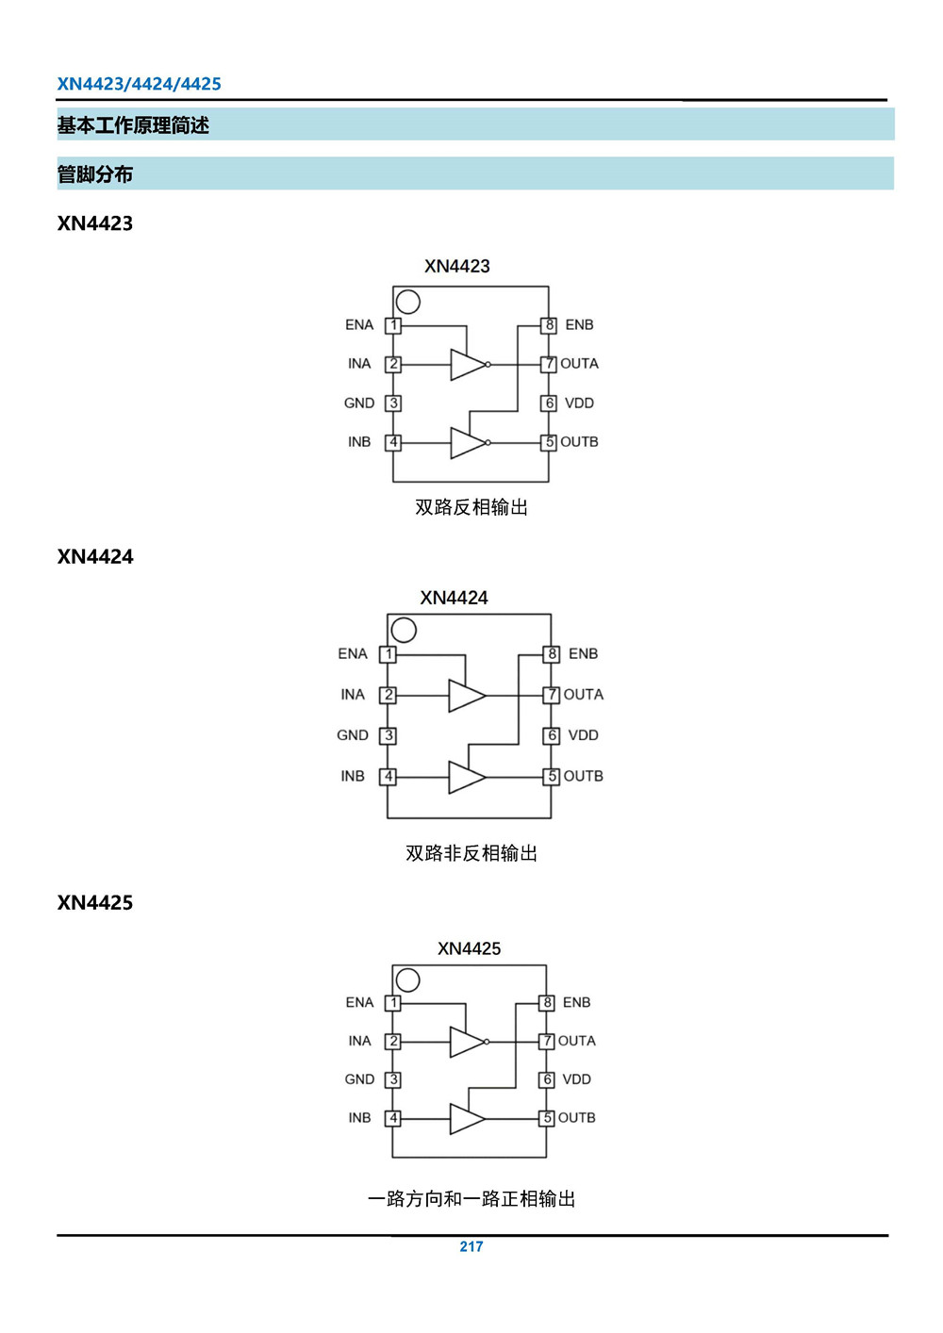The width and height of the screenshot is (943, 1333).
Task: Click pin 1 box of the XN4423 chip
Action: (x=393, y=325)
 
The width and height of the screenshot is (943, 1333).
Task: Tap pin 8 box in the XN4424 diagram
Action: (x=552, y=654)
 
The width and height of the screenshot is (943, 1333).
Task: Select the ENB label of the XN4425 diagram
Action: (x=576, y=1003)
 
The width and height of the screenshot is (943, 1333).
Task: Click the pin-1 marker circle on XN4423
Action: (x=407, y=302)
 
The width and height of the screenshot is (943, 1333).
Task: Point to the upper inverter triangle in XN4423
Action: (x=469, y=364)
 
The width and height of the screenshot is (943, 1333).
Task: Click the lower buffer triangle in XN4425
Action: (x=468, y=1119)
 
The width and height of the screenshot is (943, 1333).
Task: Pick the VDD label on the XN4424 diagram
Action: (x=583, y=735)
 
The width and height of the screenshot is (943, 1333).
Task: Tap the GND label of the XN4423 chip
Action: (x=359, y=403)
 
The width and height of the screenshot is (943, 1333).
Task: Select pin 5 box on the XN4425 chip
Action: (x=547, y=1118)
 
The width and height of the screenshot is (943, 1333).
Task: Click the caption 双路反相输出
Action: (x=471, y=507)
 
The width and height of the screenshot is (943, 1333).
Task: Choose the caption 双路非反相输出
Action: (x=471, y=853)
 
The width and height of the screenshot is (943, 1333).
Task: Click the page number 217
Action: (x=471, y=1246)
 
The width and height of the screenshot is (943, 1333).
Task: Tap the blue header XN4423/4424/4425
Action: (x=139, y=84)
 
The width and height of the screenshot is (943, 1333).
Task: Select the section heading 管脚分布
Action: (x=94, y=174)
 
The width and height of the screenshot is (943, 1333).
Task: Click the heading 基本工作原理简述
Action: (x=133, y=125)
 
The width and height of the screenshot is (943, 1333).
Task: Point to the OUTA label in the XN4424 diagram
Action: (x=584, y=695)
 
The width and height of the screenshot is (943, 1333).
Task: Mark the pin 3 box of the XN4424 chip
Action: (x=389, y=735)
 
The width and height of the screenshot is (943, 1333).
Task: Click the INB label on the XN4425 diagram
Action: (x=359, y=1118)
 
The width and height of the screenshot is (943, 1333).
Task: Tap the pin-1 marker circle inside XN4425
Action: (x=407, y=980)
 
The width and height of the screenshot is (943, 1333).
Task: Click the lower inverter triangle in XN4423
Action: (x=469, y=443)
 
